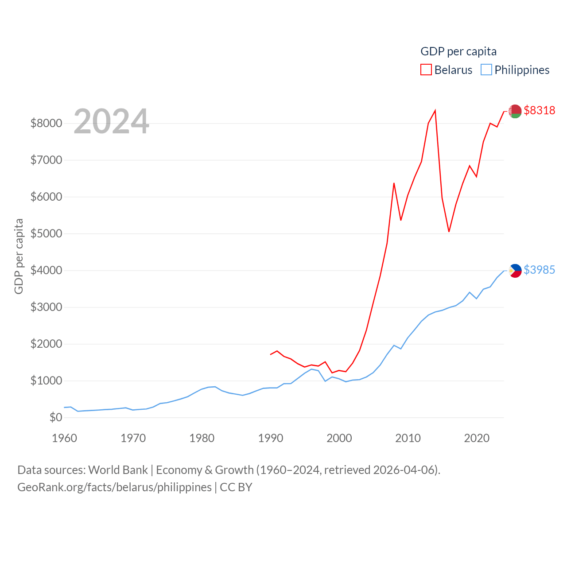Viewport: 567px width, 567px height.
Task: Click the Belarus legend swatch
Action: (x=426, y=70)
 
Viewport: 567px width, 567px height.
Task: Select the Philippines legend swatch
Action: (x=486, y=70)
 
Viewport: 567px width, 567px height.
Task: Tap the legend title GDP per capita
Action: (x=458, y=51)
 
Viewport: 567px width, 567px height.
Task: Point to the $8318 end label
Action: (x=539, y=110)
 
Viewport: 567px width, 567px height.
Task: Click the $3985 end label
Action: (x=539, y=270)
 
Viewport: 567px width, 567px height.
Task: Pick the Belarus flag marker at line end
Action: (x=515, y=111)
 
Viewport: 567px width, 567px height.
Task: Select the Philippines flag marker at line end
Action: (x=515, y=270)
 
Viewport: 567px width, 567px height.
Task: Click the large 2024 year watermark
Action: (x=111, y=121)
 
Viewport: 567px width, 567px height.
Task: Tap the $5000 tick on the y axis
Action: (x=46, y=233)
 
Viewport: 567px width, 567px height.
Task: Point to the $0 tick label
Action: (x=56, y=417)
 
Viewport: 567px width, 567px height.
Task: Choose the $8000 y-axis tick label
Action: (x=46, y=123)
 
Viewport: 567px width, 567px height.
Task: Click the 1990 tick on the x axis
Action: (x=271, y=438)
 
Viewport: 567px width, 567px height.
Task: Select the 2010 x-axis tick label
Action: (x=408, y=438)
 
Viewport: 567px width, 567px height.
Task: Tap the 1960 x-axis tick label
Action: (x=65, y=438)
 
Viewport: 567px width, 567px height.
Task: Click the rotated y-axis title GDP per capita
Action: (x=19, y=256)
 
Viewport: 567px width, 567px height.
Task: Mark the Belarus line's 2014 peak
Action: (x=435, y=110)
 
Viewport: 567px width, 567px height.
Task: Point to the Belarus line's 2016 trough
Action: (x=449, y=232)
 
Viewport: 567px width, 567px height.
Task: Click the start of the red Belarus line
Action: (x=271, y=354)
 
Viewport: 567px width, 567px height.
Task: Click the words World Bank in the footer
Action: (x=118, y=470)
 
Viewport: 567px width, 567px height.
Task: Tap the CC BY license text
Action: (x=236, y=487)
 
